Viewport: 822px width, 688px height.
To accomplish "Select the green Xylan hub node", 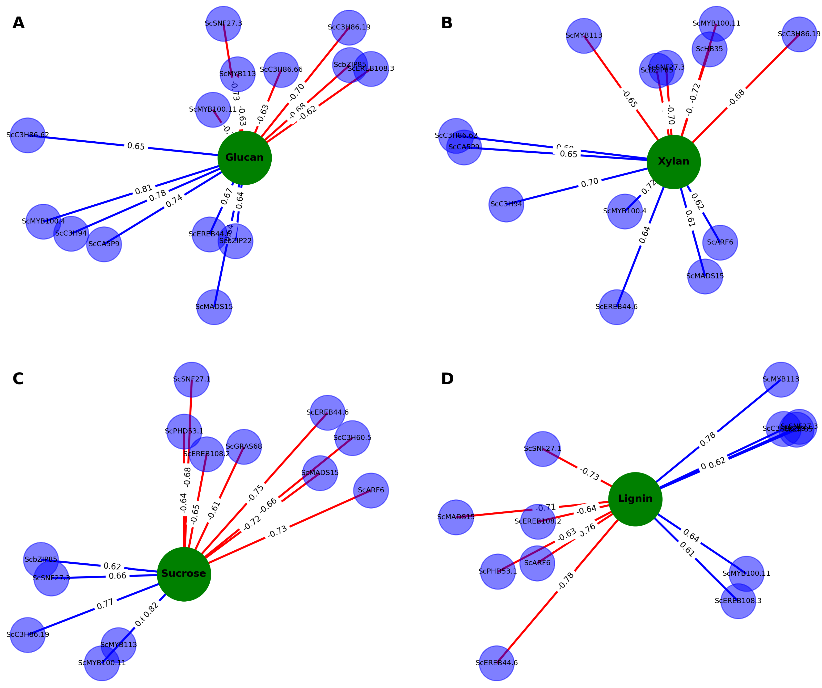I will click(x=673, y=162).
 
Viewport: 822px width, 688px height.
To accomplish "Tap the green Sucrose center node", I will click(x=184, y=574).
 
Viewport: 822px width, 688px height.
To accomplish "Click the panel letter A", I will click(x=18, y=23).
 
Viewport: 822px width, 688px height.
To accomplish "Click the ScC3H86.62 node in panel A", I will click(x=28, y=135).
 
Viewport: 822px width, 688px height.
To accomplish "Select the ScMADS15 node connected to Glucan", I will click(x=214, y=307).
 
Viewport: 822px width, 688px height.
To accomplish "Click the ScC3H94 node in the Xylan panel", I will click(x=506, y=204).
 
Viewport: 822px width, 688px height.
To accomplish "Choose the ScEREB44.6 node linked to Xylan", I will click(x=616, y=307).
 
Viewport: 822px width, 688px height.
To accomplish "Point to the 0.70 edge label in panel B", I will click(x=590, y=183).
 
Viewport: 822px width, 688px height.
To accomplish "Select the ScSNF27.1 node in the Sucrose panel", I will click(x=192, y=379).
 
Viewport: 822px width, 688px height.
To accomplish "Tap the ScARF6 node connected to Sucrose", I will click(x=371, y=490).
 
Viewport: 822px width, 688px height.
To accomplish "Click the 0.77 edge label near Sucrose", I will click(x=105, y=604).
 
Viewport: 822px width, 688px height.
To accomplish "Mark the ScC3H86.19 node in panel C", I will click(x=28, y=634).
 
